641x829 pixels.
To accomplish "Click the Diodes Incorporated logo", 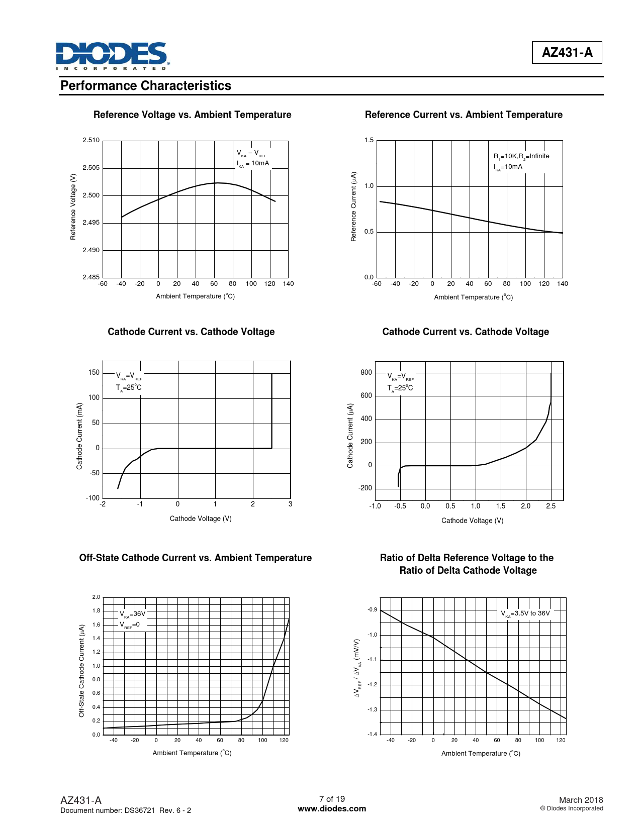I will [113, 56].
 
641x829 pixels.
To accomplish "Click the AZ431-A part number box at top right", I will [567, 52].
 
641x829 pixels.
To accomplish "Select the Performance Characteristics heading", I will [146, 86].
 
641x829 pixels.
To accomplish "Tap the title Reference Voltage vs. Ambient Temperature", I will [192, 115].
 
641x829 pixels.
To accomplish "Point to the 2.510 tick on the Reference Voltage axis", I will [91, 140].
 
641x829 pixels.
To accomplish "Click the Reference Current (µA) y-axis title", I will [353, 206].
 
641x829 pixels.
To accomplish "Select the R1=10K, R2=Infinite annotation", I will [521, 156].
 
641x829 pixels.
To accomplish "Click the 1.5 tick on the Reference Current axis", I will [369, 140].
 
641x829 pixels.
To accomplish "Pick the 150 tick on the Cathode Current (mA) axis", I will [94, 373].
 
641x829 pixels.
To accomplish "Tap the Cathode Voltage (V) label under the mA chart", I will [201, 519].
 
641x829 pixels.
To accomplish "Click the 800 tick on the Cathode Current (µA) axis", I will [366, 373].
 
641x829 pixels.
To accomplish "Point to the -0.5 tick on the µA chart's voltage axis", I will [400, 506].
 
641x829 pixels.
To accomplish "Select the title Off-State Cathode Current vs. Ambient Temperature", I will [195, 558].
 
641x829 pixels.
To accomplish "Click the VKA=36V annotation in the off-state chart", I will [132, 614].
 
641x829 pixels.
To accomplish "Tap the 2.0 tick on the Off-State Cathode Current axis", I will [96, 597].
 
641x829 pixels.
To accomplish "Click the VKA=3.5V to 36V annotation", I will [525, 613].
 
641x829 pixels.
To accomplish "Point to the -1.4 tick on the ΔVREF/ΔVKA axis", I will [372, 735].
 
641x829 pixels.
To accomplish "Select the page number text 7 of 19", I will [332, 799].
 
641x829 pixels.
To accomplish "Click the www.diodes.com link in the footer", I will [332, 809].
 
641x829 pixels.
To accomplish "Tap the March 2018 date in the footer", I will [581, 800].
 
